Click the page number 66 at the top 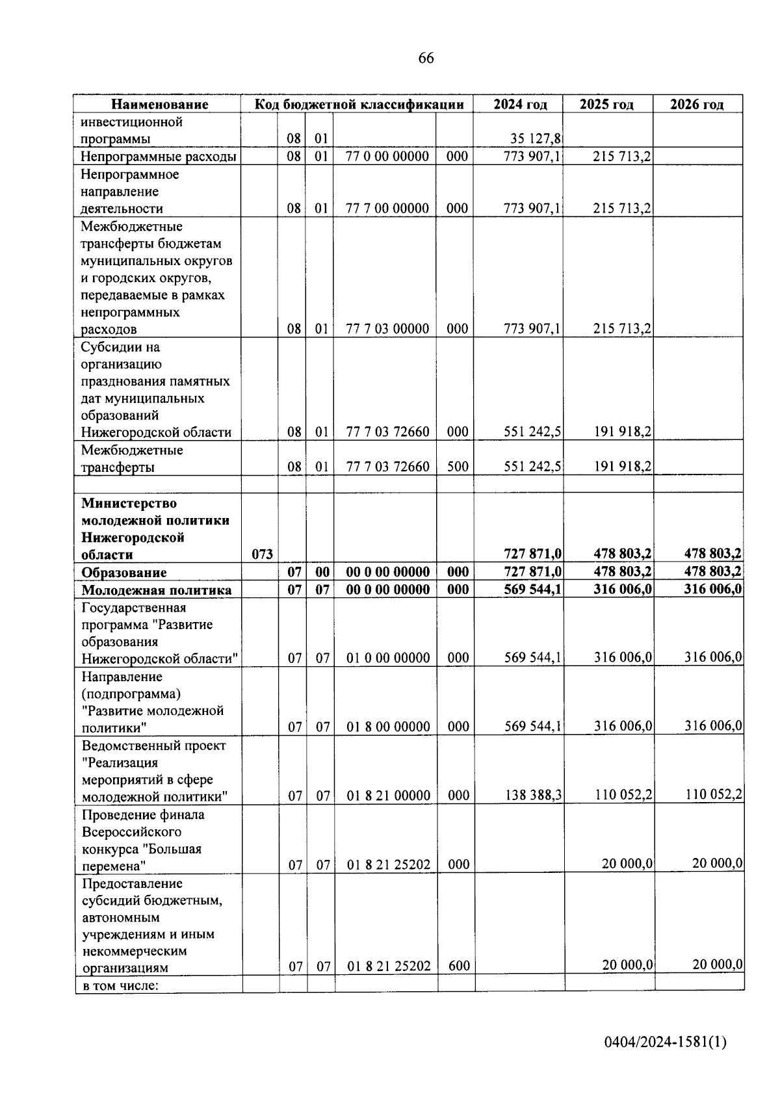[426, 58]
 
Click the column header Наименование [159, 105]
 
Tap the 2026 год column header [697, 105]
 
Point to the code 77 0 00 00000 [387, 157]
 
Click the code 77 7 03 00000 [387, 329]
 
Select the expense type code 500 [458, 467]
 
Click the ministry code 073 [262, 554]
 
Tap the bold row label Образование [123, 573]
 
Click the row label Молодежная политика [156, 590]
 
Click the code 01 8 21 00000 [388, 796]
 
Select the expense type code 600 [459, 966]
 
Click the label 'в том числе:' [120, 985]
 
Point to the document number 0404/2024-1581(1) [665, 1043]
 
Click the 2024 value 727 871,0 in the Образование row [533, 572]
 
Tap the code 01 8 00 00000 [388, 727]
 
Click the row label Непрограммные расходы [158, 157]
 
